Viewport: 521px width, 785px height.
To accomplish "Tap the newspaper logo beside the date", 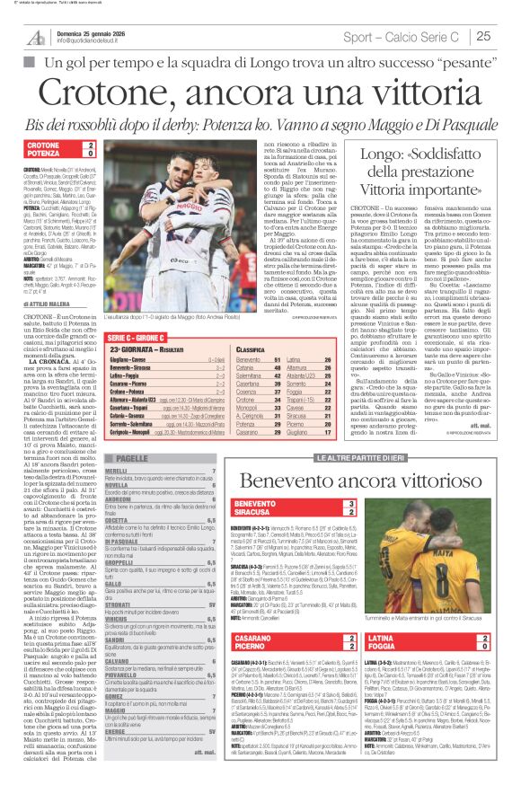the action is [36, 36].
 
